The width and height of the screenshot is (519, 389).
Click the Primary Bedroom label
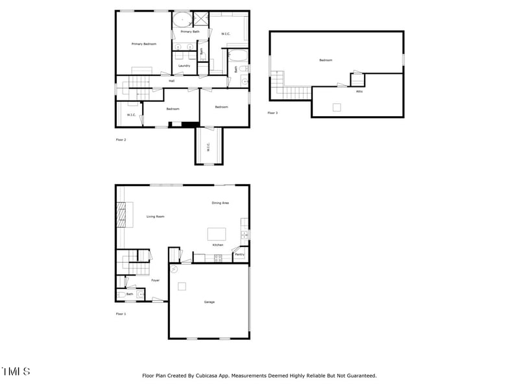[x=144, y=44]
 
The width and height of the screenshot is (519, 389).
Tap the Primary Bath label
[x=190, y=32]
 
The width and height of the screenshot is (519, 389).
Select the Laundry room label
[x=184, y=65]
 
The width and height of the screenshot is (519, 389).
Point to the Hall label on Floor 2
[x=171, y=81]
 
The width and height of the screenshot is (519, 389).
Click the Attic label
[x=359, y=91]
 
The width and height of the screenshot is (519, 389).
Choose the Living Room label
[x=155, y=217]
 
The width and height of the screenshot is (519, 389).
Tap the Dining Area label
[x=221, y=203]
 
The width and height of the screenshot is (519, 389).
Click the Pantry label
[x=239, y=255]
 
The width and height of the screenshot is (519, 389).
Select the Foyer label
[x=156, y=281]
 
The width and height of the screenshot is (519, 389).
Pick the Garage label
[x=210, y=302]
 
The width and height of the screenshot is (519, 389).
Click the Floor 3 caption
[x=272, y=113]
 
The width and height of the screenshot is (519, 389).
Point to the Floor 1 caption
[x=121, y=314]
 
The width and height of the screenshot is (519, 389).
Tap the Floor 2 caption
[x=121, y=139]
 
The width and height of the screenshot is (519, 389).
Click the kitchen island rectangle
[x=216, y=234]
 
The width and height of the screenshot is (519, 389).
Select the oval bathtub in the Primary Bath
[x=182, y=19]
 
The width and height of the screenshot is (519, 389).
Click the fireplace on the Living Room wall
[x=121, y=215]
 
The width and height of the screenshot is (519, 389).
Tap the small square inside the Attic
[x=337, y=108]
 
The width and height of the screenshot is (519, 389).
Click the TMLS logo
[x=16, y=371]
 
